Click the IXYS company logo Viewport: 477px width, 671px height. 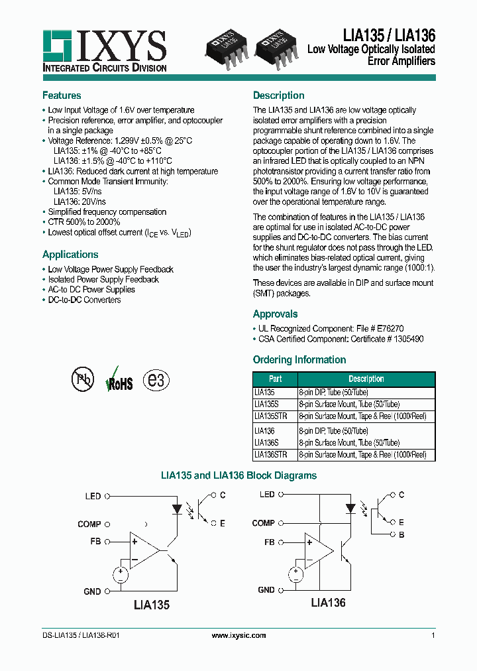(x=104, y=50)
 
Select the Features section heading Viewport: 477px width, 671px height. (x=62, y=95)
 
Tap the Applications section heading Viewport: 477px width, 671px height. (x=70, y=255)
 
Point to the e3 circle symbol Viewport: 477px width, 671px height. (x=158, y=380)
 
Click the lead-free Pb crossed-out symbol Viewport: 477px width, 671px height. (x=83, y=379)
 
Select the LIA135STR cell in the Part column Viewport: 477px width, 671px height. (x=271, y=416)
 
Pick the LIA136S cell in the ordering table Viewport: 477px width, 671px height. (x=266, y=443)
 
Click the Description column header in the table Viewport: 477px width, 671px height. (x=366, y=379)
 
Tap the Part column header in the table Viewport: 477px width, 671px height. (x=276, y=379)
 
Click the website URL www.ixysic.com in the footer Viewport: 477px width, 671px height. (x=238, y=635)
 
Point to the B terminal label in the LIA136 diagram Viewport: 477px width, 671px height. (x=401, y=534)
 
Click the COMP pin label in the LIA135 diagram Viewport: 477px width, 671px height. (x=89, y=524)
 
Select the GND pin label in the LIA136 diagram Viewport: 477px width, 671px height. (x=266, y=589)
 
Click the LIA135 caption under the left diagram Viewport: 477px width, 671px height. (x=152, y=605)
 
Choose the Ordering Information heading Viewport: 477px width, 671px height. (x=299, y=360)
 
